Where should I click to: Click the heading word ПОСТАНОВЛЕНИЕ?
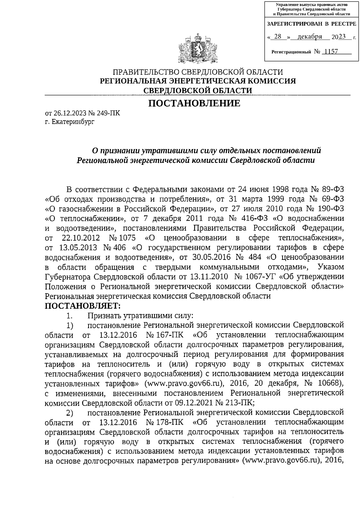click(195, 103)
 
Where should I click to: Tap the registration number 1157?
click(329, 52)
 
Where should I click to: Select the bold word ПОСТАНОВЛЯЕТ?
click(82, 306)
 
